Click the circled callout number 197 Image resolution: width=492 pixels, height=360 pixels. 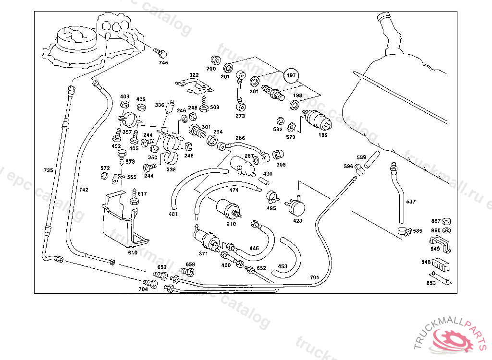tap(291, 75)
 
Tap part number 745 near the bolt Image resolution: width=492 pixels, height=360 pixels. tap(164, 63)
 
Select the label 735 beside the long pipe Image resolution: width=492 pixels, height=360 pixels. tap(48, 170)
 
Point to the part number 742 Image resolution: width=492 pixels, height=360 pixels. tap(84, 190)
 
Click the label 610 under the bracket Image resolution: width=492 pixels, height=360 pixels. tap(133, 252)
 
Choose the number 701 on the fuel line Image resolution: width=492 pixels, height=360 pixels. tap(314, 277)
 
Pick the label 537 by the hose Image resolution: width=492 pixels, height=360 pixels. tap(411, 202)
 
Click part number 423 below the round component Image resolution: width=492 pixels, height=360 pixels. tap(298, 221)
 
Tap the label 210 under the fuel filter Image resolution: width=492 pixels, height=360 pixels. tap(231, 224)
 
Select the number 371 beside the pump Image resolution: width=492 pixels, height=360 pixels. tap(203, 253)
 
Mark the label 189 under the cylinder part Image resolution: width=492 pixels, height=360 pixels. tap(323, 135)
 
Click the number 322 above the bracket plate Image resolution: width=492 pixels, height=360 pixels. tap(194, 75)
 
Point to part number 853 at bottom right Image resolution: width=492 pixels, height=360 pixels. tap(431, 283)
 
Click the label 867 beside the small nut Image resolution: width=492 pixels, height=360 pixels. tap(436, 221)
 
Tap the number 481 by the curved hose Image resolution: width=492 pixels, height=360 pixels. tap(173, 214)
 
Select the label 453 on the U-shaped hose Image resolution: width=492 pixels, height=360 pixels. tap(283, 266)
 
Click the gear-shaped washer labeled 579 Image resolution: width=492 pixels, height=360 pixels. tap(291, 128)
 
